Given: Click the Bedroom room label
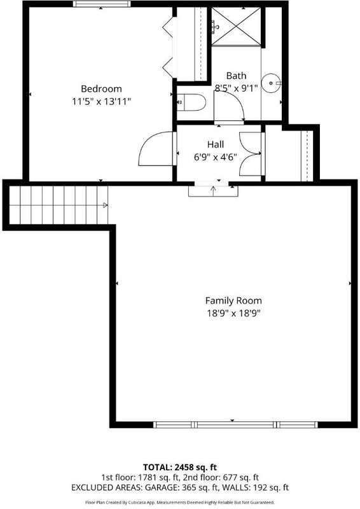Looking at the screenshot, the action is coord(101,88).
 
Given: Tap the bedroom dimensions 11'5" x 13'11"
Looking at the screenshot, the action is coord(101,102).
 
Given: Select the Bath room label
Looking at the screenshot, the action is coord(236,76).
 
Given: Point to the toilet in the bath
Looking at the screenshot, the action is coord(191,102).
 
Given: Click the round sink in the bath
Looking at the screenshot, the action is coord(271,83).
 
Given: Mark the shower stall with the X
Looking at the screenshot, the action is coord(236,27).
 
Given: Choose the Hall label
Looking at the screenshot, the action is coord(216,144).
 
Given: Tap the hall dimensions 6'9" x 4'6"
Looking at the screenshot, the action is coord(216,157).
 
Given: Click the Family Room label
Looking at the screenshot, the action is coord(233,300).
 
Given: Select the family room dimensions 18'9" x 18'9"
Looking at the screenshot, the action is coord(233,313).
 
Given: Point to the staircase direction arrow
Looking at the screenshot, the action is coord(105,205).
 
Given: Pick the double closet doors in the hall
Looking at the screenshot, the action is coord(250,153).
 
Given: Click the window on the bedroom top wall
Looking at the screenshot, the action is coord(101,4).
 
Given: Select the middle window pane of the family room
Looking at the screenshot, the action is coord(235,424).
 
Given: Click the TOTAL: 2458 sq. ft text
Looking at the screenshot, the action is coord(180,468).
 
